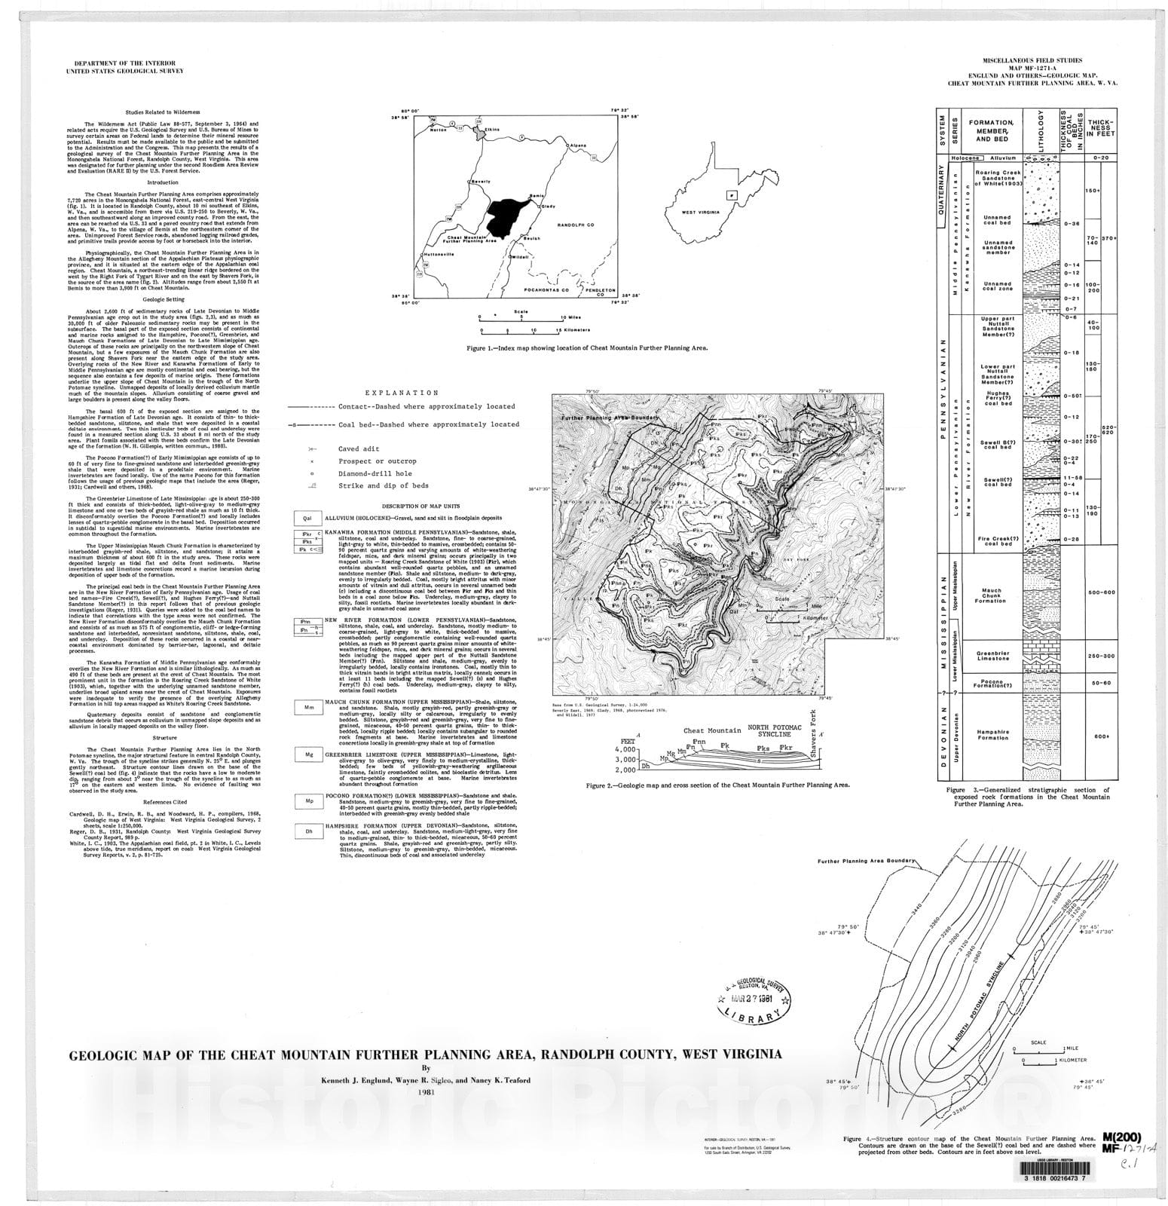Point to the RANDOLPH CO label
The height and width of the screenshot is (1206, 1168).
(575, 225)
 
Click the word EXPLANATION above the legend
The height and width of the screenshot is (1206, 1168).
(401, 393)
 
